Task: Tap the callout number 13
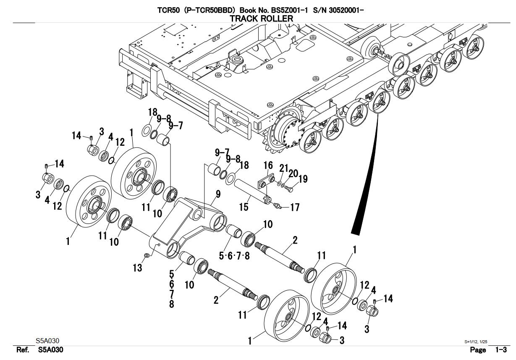pos(138,268)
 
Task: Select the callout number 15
pos(244,207)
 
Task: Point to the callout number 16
pos(269,166)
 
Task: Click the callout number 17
pos(295,207)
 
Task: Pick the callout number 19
pos(303,179)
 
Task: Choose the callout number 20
pos(293,173)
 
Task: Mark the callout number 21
pos(284,168)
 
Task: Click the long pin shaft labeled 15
pos(251,190)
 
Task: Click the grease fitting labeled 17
pos(277,205)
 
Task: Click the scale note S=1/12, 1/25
pos(476,342)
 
